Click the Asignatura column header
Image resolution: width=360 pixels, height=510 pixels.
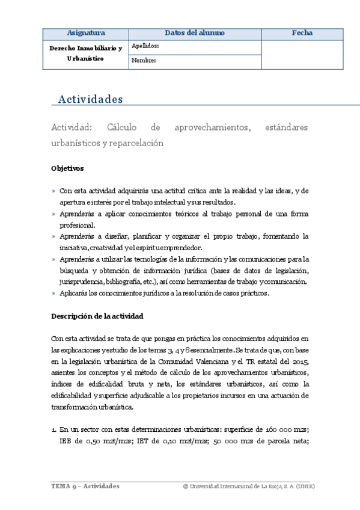coord(86,33)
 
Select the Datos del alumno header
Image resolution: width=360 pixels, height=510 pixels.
coord(195,33)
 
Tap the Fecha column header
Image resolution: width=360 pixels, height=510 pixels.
coord(302,33)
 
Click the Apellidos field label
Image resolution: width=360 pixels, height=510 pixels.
coord(144,46)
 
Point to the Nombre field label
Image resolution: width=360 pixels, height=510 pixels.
coord(143,60)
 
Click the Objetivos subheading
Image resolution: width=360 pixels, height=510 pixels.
coord(67,168)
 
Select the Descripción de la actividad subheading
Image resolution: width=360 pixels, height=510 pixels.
coord(97,315)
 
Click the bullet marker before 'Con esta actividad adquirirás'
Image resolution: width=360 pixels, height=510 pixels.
coord(53,191)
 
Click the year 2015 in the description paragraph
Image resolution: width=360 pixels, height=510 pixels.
coord(299,361)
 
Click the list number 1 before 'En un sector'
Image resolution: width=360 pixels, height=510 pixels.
coord(53,429)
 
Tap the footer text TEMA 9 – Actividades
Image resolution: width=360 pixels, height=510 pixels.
coord(85,486)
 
